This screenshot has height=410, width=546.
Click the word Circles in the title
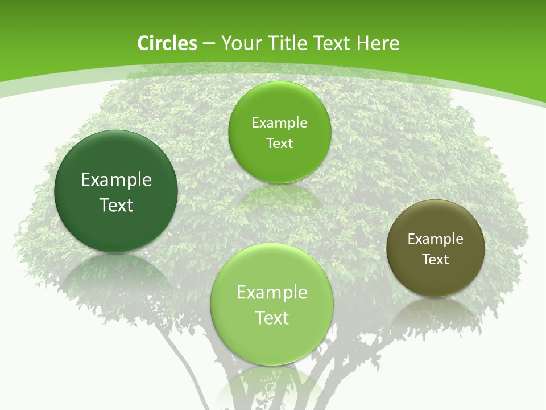167,43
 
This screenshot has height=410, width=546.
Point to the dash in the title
209,44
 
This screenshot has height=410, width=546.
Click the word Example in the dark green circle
116,180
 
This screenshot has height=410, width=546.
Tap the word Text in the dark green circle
116,205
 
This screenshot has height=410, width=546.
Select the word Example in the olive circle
436,239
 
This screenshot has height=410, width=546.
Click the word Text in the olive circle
436,260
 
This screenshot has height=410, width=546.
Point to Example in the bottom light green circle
272,293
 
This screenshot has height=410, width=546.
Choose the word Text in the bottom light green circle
272,318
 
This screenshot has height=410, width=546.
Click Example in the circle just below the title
279,123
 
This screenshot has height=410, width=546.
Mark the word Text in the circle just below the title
279,143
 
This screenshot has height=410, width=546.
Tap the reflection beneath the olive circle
436,310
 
